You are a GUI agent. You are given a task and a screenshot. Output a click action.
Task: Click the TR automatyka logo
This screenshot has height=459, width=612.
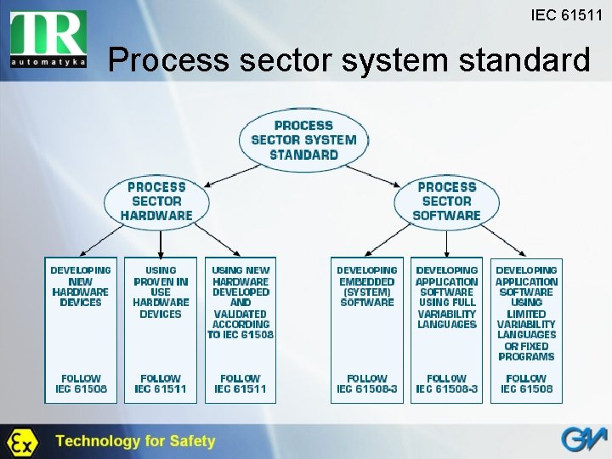pyautogui.click(x=48, y=39)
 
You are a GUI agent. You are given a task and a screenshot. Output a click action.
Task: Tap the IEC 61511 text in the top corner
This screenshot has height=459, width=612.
pyautogui.click(x=566, y=15)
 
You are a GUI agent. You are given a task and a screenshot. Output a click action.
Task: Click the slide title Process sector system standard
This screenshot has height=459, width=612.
pyautogui.click(x=348, y=61)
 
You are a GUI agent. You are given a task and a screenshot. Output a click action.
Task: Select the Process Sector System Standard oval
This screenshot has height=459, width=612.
pyautogui.click(x=303, y=139)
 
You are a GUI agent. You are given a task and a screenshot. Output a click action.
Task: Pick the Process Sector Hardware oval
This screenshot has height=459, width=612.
pyautogui.click(x=156, y=201)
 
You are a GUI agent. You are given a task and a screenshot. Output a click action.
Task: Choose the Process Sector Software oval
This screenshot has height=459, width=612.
pyautogui.click(x=446, y=201)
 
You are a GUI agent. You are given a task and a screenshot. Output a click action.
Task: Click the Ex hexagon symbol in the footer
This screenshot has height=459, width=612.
pyautogui.click(x=21, y=442)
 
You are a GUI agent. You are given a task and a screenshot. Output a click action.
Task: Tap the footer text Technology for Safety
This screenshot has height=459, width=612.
pyautogui.click(x=135, y=441)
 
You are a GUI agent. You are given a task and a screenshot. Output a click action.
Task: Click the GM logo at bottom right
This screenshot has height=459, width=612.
pyautogui.click(x=582, y=440)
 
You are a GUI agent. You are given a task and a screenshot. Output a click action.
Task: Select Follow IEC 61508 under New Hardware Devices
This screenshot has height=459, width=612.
pyautogui.click(x=81, y=383)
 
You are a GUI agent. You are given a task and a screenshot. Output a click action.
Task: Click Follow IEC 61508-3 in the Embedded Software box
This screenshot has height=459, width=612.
pyautogui.click(x=366, y=383)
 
